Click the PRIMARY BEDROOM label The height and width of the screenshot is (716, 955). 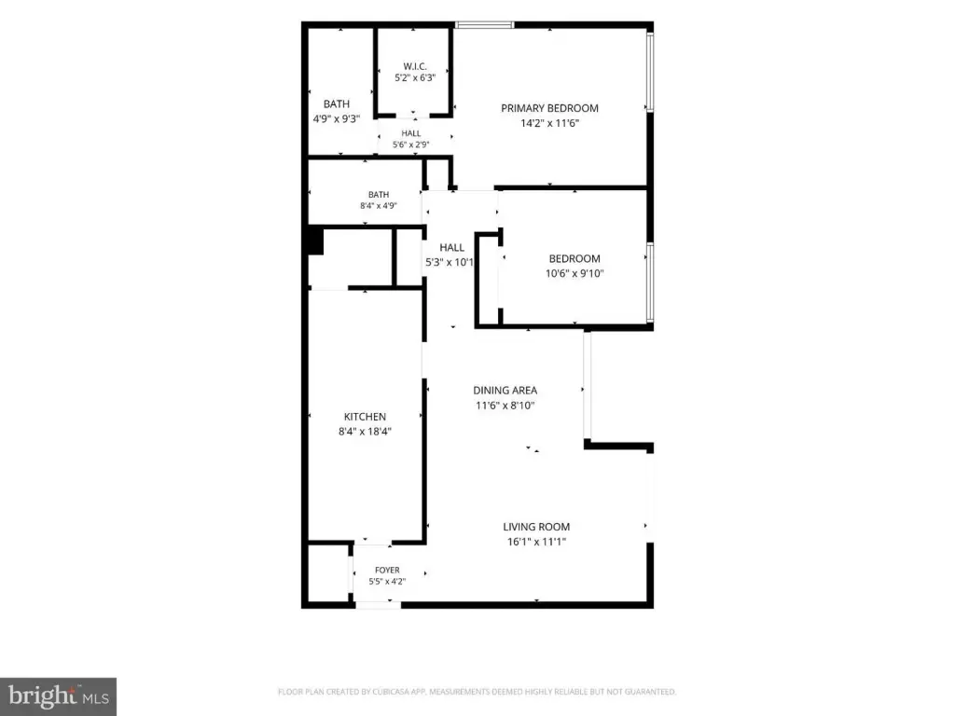coord(549,108)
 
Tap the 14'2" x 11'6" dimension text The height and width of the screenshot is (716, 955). coord(549,123)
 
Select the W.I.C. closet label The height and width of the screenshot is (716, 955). coord(415,66)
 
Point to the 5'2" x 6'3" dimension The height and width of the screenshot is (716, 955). coord(415,78)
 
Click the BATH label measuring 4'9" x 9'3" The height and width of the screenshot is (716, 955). coord(336,104)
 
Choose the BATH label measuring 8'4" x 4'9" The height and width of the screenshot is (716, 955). coord(379,195)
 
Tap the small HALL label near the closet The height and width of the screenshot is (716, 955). coord(411,133)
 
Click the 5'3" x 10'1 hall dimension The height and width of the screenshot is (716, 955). coord(450,262)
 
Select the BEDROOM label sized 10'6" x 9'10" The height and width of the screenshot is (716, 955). coord(574,259)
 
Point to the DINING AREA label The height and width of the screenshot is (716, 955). coord(505,391)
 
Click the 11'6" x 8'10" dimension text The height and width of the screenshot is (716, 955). coord(505,406)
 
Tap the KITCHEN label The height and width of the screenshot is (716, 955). coord(365,417)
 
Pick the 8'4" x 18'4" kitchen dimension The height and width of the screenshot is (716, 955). coord(365,432)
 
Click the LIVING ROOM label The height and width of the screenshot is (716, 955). coord(536,527)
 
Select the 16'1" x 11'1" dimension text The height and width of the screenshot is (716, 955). coord(536,542)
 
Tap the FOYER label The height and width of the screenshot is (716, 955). coord(387,571)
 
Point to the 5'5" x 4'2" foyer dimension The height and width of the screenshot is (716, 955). coord(387,582)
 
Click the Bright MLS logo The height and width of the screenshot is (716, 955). coord(58,696)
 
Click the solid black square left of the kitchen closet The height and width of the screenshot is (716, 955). coord(315,241)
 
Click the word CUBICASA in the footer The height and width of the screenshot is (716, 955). coord(390,692)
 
